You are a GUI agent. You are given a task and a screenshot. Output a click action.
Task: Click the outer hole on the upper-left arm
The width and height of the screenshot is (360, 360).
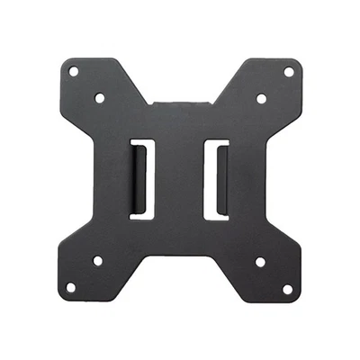pyautogui.click(x=74, y=71)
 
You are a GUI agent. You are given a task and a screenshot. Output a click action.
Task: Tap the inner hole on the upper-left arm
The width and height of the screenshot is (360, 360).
pyautogui.click(x=100, y=97)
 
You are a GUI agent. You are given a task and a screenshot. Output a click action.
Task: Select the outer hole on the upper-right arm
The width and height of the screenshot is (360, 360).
pyautogui.click(x=289, y=71)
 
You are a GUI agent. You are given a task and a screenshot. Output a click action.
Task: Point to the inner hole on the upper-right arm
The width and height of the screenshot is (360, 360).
pyautogui.click(x=261, y=98)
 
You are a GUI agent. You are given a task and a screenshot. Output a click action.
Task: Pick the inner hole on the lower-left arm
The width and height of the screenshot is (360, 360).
pyautogui.click(x=98, y=262)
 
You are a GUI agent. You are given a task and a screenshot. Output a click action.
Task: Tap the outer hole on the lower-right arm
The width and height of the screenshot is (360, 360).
pyautogui.click(x=287, y=289)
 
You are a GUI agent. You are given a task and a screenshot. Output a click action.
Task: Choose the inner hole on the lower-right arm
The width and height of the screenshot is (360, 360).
pyautogui.click(x=260, y=263)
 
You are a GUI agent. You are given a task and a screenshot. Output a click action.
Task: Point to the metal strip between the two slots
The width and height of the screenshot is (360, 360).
pyautogui.click(x=179, y=177)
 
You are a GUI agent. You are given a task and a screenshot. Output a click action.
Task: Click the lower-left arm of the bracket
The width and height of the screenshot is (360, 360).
pyautogui.click(x=90, y=274)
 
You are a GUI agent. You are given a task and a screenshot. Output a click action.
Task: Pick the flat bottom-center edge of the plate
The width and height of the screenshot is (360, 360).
pyautogui.click(x=180, y=255)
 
